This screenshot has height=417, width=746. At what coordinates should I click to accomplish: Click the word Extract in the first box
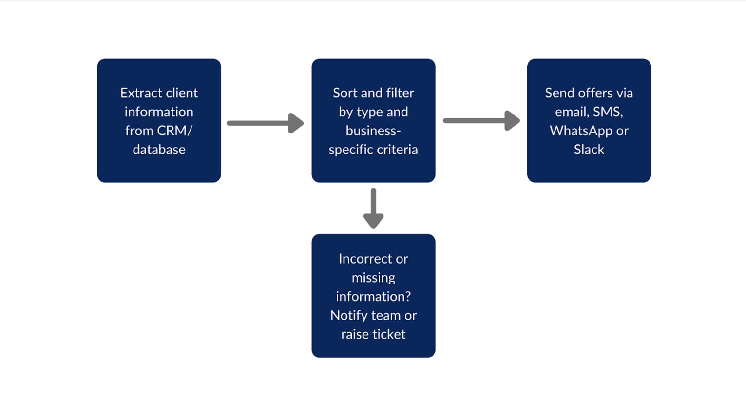pos(140,93)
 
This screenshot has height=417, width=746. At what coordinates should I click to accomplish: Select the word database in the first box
pos(159,150)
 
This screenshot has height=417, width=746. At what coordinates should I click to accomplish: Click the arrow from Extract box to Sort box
pos(265,123)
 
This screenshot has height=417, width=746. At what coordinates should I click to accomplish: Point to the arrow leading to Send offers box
pos(481,121)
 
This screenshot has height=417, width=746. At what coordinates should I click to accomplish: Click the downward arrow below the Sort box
pos(373,208)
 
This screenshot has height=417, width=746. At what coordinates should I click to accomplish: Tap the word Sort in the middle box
pos(345,93)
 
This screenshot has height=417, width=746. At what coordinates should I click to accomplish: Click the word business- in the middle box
pos(373,131)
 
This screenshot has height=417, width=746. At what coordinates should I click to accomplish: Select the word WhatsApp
pos(581,131)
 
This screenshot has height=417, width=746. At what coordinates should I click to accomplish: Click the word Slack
pos(589,150)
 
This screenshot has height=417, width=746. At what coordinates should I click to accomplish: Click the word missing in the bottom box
pos(373,278)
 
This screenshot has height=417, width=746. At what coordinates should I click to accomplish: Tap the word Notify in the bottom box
pos(349,315)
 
